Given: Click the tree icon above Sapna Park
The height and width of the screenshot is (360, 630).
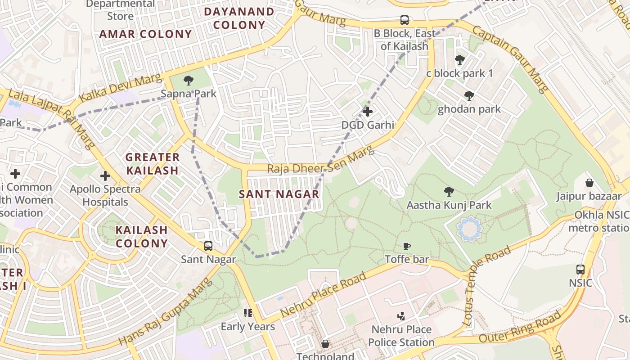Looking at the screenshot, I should (189, 81).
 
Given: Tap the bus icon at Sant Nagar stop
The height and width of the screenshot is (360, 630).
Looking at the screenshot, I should (208, 246).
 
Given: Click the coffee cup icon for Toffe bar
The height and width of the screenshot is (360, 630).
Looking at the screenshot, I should (407, 246).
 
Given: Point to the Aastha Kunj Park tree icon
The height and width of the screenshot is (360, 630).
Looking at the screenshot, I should (449, 192).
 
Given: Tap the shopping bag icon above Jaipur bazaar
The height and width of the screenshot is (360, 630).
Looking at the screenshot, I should (589, 183).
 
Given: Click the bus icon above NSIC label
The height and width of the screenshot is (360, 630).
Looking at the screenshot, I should (580, 270).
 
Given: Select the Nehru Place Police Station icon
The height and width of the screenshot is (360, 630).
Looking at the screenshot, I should (401, 316).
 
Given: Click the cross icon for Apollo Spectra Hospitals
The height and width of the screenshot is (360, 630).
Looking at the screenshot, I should (105, 176).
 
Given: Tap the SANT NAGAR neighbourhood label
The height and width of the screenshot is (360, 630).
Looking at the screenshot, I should (279, 194).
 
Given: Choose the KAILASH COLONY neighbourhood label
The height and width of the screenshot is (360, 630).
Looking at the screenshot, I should (142, 237).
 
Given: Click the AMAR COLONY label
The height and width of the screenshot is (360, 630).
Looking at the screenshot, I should (145, 34).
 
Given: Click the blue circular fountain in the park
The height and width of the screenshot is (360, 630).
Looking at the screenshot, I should (469, 229).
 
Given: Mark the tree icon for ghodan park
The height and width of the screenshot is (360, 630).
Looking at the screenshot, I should (469, 96).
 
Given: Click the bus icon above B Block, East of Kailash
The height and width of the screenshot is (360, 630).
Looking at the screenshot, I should (405, 20).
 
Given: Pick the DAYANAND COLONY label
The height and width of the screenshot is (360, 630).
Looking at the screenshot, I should (239, 18).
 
